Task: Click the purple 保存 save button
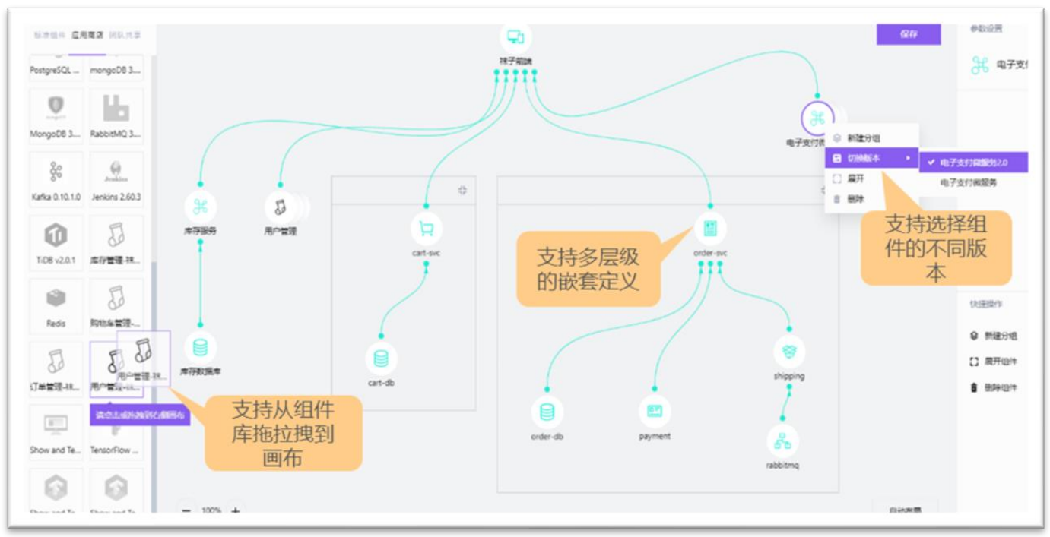point(909,34)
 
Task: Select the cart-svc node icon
point(427,228)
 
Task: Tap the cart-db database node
point(381,358)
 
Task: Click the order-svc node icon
point(710,228)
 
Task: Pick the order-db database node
point(547,412)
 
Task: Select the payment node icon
point(655,411)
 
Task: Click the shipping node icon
point(789,352)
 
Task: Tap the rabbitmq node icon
point(782,441)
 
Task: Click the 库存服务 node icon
point(201,207)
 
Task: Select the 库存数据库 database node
point(200,348)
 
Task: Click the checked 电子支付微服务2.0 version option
point(973,163)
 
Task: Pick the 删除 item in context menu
point(855,200)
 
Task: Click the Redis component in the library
point(56,305)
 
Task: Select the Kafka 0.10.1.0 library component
point(56,178)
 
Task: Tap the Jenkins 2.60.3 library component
point(116,178)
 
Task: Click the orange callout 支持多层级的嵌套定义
point(588,269)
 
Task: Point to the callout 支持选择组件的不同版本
point(936,248)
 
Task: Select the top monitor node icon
point(515,36)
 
